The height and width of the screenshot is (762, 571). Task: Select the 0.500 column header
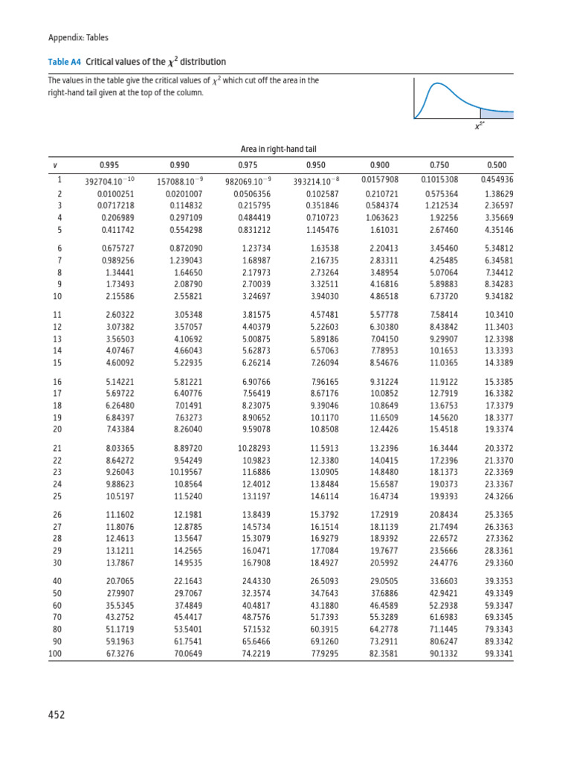[496, 164]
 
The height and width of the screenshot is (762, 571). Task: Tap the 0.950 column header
[315, 164]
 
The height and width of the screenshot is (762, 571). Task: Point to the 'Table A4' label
[65, 62]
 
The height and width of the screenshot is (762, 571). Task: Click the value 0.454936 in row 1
[497, 180]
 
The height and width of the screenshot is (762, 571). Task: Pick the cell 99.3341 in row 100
[497, 654]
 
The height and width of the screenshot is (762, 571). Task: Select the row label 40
[57, 580]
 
